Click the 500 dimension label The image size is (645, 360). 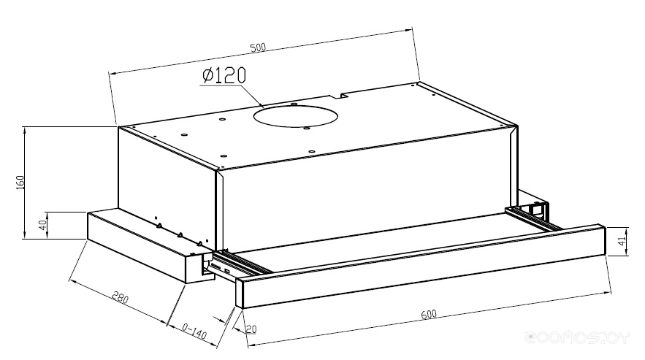258,47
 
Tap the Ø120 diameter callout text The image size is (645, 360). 224,75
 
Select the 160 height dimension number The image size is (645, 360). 20,183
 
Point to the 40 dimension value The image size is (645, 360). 42,225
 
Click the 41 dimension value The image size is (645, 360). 623,240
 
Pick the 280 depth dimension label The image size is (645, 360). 120,297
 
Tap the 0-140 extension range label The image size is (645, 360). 194,331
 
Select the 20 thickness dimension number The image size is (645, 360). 251,329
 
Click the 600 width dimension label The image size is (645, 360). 429,314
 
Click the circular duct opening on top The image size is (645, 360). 295,116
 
